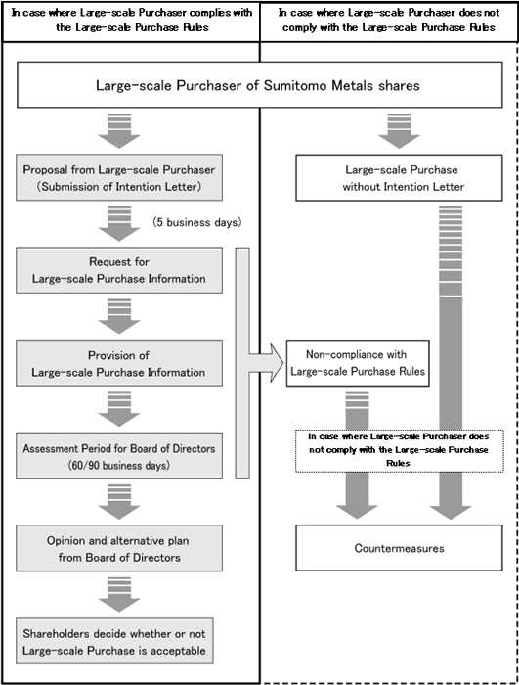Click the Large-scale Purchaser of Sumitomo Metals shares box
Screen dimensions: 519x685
(x=260, y=85)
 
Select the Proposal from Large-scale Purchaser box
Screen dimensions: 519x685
(x=119, y=177)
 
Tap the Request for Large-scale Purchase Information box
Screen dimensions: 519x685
(x=119, y=270)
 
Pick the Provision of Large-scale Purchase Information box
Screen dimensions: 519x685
(x=119, y=363)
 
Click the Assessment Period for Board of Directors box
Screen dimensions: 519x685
(x=119, y=456)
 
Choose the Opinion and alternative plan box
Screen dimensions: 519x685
(x=119, y=548)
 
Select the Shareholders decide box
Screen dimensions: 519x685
(x=114, y=641)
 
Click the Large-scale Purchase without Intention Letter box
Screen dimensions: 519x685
(x=399, y=177)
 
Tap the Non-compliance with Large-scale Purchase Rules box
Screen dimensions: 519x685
(x=358, y=363)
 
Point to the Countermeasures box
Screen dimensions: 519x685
(x=399, y=548)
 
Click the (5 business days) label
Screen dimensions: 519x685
(x=197, y=222)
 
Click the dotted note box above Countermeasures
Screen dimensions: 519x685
(x=400, y=450)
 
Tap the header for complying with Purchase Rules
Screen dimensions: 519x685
(x=132, y=21)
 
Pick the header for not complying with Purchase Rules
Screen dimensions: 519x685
(x=389, y=21)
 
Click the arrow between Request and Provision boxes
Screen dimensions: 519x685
(x=119, y=316)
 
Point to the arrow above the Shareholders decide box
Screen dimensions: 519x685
(x=119, y=594)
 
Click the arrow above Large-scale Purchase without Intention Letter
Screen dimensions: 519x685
(x=399, y=130)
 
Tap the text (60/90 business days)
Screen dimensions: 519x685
(x=119, y=465)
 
